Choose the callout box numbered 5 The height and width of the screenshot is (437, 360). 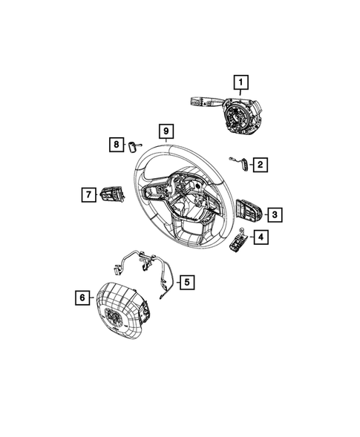click(x=187, y=282)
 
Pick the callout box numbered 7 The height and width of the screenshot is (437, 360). click(x=88, y=194)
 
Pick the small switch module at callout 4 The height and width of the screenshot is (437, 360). click(x=239, y=240)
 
